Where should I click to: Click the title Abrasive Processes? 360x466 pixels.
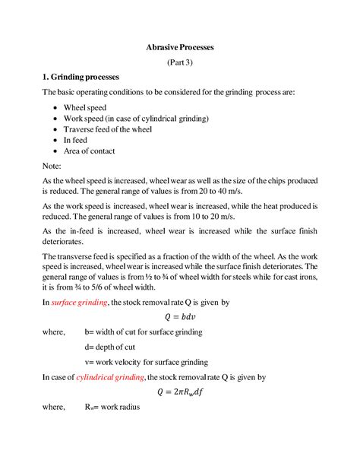180,47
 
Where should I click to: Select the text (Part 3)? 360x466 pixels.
180,62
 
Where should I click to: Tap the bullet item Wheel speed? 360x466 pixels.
85,108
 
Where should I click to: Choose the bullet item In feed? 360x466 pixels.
78,140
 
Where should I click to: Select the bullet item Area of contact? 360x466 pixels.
90,151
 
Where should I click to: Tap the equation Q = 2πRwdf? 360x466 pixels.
180,392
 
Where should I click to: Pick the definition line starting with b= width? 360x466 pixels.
144,332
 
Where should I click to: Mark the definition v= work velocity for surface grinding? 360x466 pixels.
147,362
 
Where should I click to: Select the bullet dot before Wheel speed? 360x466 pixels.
58,109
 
